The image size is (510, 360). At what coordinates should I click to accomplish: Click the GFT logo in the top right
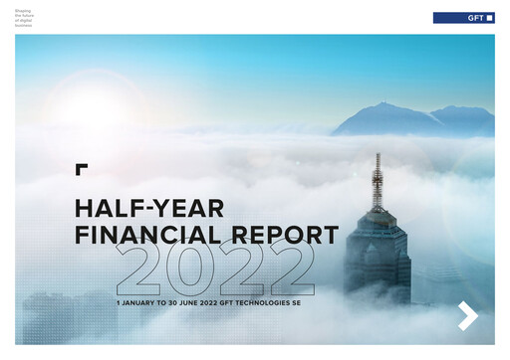click(x=463, y=18)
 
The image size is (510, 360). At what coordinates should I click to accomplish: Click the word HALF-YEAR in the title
click(x=149, y=208)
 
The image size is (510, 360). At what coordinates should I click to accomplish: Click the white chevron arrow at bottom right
click(x=468, y=315)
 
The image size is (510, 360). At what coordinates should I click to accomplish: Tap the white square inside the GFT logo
click(x=488, y=18)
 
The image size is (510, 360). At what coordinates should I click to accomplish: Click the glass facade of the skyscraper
click(x=378, y=264)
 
